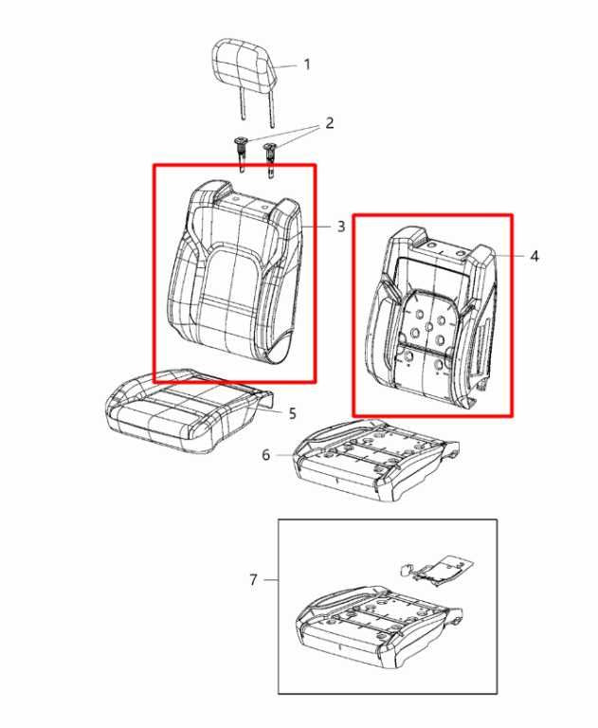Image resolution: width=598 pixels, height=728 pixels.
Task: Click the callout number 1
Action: (x=307, y=64)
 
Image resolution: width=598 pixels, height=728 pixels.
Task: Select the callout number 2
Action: (x=329, y=123)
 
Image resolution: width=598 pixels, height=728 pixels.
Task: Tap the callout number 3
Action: (x=341, y=227)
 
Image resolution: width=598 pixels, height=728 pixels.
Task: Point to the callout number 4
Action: (x=535, y=256)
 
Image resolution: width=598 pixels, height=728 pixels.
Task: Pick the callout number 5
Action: (x=292, y=413)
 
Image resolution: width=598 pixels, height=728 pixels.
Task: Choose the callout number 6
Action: (x=265, y=455)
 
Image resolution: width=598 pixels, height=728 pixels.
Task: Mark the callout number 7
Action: (x=253, y=580)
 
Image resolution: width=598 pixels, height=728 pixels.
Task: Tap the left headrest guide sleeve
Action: (x=242, y=155)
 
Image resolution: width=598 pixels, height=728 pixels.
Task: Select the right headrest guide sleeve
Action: (x=270, y=159)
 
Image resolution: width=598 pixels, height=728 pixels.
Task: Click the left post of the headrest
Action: (x=242, y=104)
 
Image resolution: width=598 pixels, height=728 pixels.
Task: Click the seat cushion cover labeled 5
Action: (x=188, y=410)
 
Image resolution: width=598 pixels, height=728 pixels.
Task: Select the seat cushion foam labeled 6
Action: (x=376, y=460)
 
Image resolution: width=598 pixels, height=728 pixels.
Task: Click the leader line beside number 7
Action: (x=270, y=580)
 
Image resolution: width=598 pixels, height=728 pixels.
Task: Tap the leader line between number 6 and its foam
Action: (x=284, y=455)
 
